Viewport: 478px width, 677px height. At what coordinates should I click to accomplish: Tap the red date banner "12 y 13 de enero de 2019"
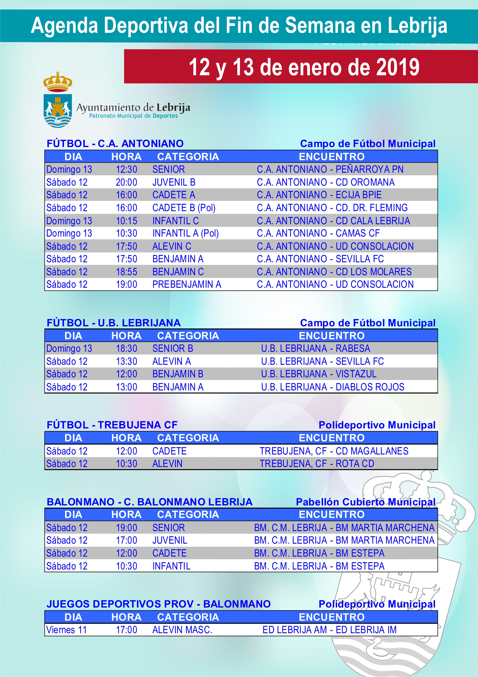click(x=304, y=67)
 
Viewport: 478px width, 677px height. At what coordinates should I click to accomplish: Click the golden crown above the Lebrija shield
click(x=58, y=82)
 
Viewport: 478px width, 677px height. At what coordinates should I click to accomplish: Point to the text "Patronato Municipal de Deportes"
click(x=133, y=116)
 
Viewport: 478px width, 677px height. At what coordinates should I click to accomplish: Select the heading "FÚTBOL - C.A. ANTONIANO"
click(x=115, y=144)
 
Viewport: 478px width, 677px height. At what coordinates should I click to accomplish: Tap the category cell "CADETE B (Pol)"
click(x=184, y=208)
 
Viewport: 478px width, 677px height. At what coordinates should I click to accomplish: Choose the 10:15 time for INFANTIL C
click(x=126, y=221)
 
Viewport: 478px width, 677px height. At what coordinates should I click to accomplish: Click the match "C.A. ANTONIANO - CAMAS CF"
click(x=318, y=233)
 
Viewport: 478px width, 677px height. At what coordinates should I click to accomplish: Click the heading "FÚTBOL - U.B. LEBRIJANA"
click(x=114, y=323)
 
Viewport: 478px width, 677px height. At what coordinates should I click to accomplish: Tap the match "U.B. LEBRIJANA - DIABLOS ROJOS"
click(x=332, y=387)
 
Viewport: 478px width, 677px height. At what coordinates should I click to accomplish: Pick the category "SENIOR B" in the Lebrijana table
click(x=173, y=349)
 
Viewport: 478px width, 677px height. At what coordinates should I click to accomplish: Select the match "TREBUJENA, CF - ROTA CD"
click(x=317, y=464)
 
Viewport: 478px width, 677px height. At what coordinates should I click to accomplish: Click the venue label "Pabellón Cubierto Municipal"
click(x=365, y=502)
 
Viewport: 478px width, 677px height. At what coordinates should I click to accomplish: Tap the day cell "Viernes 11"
click(x=66, y=630)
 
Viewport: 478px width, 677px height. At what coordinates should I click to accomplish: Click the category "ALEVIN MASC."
click(x=182, y=630)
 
